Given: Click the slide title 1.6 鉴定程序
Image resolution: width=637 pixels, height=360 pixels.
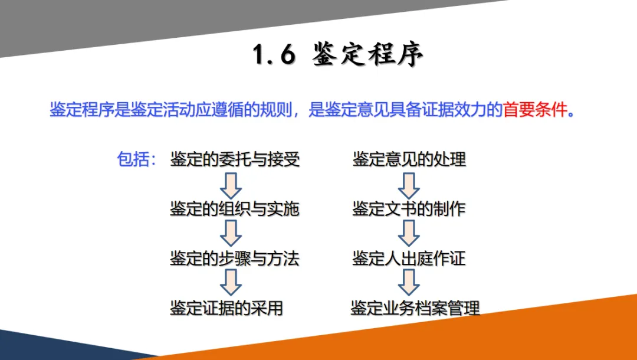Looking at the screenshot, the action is pos(338,55).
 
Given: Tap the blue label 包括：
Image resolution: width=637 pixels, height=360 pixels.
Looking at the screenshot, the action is pos(136,159).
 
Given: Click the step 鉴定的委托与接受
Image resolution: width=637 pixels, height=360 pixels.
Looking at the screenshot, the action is pos(235,159).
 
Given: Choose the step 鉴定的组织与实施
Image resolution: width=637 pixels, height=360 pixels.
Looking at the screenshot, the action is pos(235,209).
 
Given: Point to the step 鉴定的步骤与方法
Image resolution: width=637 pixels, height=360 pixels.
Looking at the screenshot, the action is pos(235,258).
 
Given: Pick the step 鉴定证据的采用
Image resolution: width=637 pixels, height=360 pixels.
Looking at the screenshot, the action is pos(226,308).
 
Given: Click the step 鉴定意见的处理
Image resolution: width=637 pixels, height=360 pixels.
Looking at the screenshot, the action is pos(409,159).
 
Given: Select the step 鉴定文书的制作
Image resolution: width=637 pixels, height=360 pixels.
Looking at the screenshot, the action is pos(409,209).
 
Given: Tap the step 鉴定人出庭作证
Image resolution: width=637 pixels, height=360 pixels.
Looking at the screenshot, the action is pos(409,258).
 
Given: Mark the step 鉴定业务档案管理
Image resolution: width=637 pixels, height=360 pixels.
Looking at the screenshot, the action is pos(415,308).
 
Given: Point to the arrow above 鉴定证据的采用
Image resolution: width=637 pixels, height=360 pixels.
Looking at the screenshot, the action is pos(231,283).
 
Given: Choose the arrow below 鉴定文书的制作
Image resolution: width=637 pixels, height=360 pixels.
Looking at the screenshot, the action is pos(408,234).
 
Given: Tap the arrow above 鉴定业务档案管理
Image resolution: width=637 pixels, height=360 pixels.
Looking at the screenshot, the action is pos(408,283).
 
